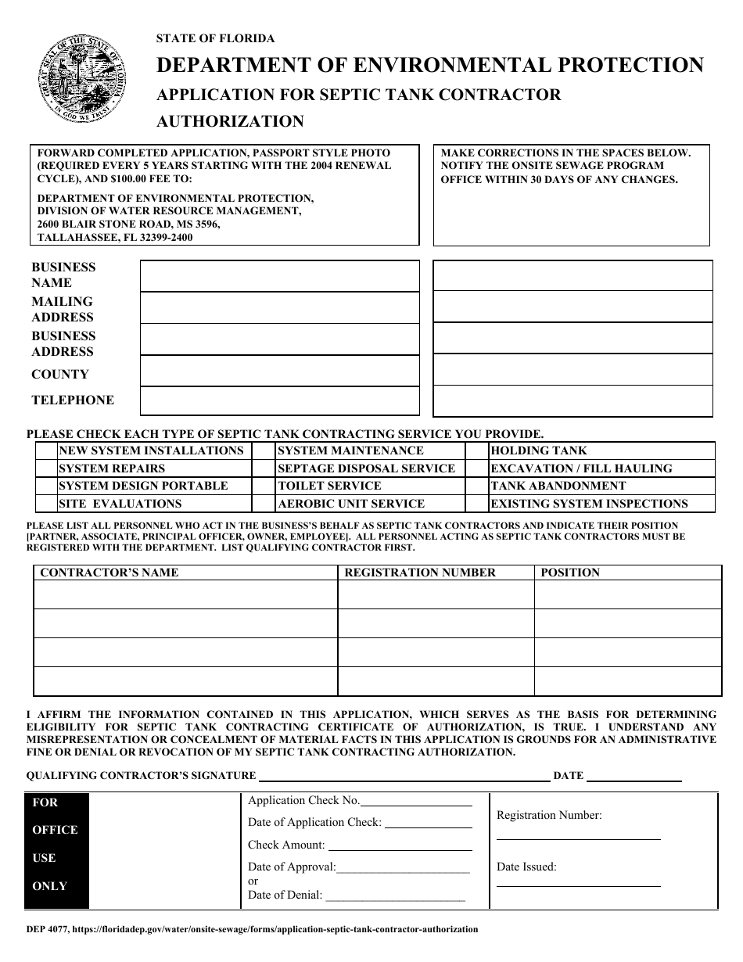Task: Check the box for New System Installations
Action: pyautogui.click(x=46, y=450)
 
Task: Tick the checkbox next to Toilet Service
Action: pyautogui.click(x=264, y=486)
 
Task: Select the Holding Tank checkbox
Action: pyautogui.click(x=476, y=450)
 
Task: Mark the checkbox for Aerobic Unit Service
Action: pyautogui.click(x=264, y=504)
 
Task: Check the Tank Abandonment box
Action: pyautogui.click(x=476, y=486)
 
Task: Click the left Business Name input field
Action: pyautogui.click(x=279, y=275)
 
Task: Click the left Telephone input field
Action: pyautogui.click(x=279, y=400)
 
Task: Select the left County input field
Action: pyautogui.click(x=279, y=369)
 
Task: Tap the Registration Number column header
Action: pyautogui.click(x=420, y=573)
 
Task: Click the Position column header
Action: pyautogui.click(x=570, y=573)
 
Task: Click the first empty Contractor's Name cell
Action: pyautogui.click(x=186, y=596)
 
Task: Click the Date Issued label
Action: pyautogui.click(x=526, y=867)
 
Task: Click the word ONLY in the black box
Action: pyautogui.click(x=50, y=886)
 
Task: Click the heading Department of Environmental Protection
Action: pyautogui.click(x=430, y=65)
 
